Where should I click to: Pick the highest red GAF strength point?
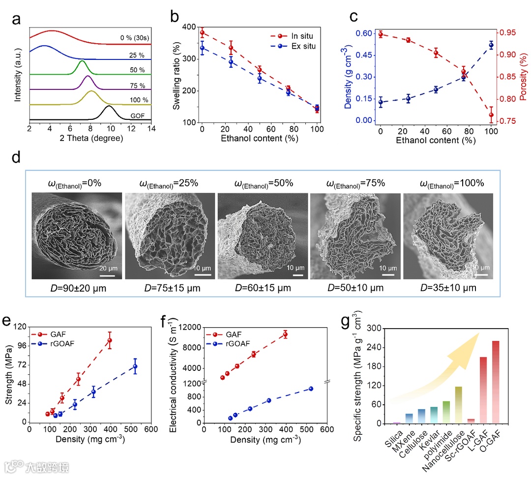(x=110, y=340)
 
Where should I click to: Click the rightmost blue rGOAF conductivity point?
(x=311, y=389)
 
